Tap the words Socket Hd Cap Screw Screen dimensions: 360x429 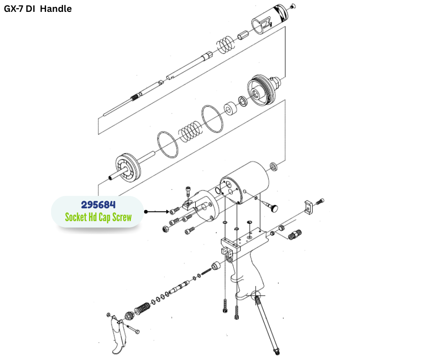pos(98,217)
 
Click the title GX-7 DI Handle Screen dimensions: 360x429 pos(38,9)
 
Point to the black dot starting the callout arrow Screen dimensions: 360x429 pos(146,212)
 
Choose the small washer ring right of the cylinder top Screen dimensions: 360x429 pos(273,165)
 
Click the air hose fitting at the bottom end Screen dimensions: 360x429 pos(276,351)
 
